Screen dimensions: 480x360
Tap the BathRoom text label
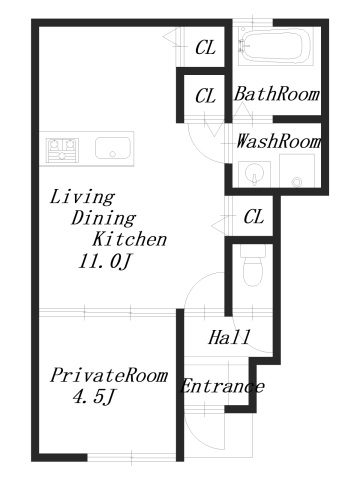[277, 95]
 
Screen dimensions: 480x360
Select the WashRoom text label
[278, 141]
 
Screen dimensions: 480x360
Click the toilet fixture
[251, 266]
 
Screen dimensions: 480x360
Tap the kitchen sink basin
[113, 149]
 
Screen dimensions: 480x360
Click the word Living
[82, 196]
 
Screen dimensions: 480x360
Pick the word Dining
[104, 218]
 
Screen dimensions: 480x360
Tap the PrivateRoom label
[107, 376]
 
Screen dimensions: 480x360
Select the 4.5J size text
[95, 399]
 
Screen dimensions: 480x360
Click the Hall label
[229, 337]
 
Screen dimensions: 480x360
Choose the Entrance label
[221, 386]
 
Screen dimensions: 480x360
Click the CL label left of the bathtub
[205, 46]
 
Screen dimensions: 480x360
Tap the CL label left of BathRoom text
[205, 96]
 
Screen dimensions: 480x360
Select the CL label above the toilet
[254, 216]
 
